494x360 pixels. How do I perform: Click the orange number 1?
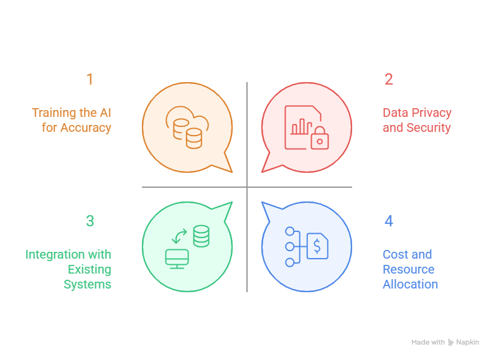(90, 80)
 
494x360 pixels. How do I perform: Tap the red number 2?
(389, 80)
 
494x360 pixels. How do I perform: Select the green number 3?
(90, 221)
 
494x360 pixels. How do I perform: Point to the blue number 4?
(389, 221)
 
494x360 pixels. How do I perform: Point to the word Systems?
(88, 284)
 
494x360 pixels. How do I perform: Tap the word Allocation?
(411, 284)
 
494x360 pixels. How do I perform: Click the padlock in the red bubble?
(319, 139)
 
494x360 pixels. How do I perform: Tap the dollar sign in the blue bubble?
(317, 246)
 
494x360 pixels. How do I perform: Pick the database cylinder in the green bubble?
(201, 236)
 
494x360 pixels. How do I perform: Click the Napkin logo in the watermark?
(451, 343)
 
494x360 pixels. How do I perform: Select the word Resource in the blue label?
(408, 269)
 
